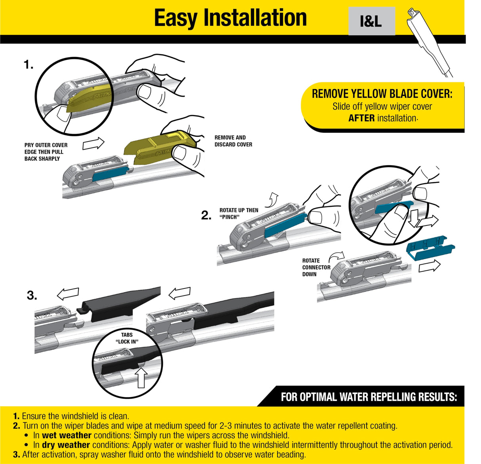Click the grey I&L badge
371,21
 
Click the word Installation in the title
255,18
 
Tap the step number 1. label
29,65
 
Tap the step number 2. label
206,216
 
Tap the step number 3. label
32,296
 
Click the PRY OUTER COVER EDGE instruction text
46,152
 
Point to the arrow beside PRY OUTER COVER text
93,144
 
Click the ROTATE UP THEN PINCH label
239,214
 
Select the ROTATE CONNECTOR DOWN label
316,267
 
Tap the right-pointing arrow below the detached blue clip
429,266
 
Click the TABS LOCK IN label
127,338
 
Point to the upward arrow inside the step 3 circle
141,378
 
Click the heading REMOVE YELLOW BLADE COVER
382,94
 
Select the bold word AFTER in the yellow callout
361,118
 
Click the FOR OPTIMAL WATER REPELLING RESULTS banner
368,397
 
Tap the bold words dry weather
66,445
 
